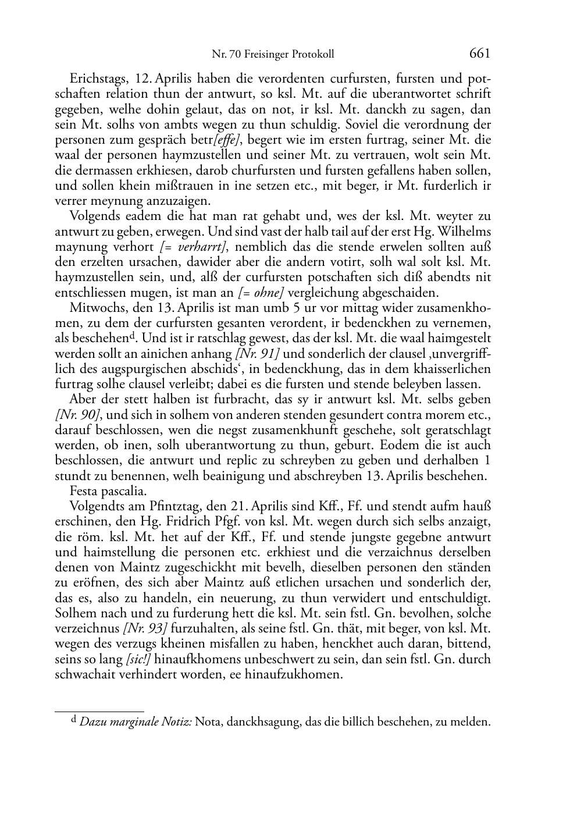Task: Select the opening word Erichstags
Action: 97,79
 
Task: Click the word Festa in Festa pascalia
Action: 83,491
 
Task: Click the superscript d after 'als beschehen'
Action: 133,336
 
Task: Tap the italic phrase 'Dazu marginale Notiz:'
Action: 135,723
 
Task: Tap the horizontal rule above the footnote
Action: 99,711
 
